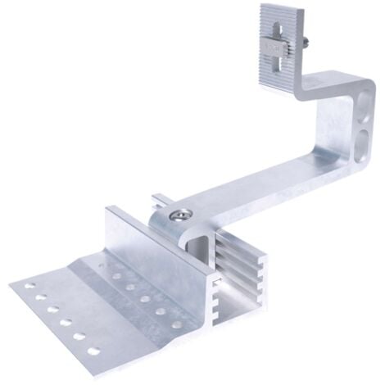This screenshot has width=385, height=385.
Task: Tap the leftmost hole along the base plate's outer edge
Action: click(29, 288)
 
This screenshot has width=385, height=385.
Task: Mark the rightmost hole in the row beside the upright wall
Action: click(177, 324)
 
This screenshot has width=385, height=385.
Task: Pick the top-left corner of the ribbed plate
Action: click(262, 8)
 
